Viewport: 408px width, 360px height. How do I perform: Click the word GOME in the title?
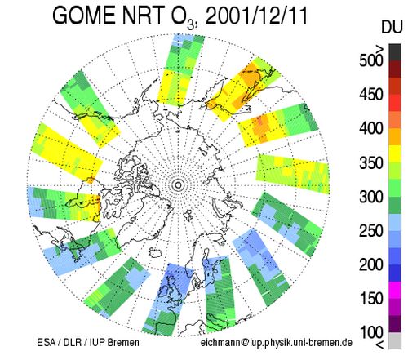[85, 16]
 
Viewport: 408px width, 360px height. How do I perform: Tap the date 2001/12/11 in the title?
[256, 16]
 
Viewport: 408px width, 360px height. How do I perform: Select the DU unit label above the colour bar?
[392, 28]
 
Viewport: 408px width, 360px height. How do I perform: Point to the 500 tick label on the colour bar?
[371, 60]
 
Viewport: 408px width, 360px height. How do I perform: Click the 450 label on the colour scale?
[371, 95]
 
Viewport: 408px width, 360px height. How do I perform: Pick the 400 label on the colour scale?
[371, 128]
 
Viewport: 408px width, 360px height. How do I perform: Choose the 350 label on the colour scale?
[371, 162]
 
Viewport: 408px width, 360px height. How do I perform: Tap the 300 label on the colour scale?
[371, 197]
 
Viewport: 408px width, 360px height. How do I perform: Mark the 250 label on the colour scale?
[371, 231]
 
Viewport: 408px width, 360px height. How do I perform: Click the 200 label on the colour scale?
[371, 264]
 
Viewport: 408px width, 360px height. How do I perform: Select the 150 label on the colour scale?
[371, 299]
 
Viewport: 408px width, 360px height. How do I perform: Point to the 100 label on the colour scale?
[371, 332]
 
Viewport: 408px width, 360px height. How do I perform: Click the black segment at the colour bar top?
[395, 52]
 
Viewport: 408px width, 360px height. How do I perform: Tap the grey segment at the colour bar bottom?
[395, 340]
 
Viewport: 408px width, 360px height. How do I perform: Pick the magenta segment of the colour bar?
[395, 290]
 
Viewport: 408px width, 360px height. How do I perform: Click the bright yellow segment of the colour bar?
[395, 154]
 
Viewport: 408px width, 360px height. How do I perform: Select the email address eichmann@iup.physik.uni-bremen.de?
[277, 343]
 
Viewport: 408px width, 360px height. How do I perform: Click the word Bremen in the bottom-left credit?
[123, 342]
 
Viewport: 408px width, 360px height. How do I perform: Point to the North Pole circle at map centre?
[179, 185]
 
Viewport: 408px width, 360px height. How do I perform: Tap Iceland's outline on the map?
[155, 252]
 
